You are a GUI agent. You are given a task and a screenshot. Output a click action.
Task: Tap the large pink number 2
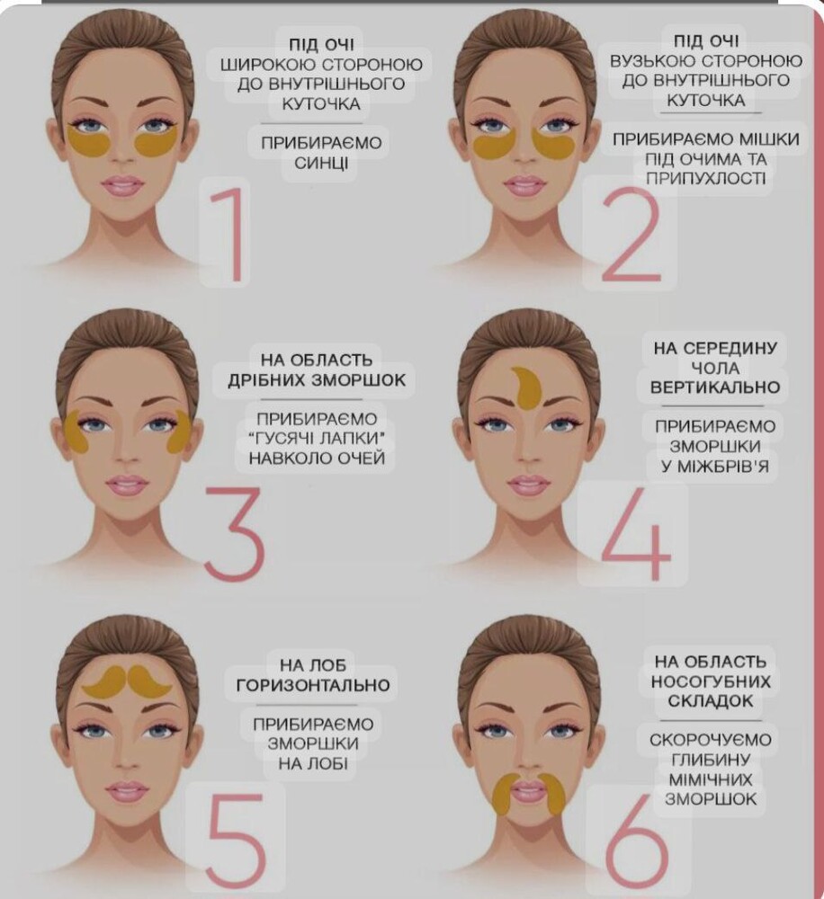click(630, 234)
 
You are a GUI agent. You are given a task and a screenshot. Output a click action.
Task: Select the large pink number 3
click(235, 534)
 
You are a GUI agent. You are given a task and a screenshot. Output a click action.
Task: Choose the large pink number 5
click(237, 841)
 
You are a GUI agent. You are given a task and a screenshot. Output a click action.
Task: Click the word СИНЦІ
click(321, 164)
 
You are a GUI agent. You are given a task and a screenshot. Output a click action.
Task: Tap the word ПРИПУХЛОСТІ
click(706, 178)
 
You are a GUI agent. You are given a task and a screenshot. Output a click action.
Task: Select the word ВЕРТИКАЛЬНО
click(715, 387)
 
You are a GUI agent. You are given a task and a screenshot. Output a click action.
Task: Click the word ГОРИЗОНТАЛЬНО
click(313, 685)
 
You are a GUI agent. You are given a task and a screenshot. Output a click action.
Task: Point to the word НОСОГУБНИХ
click(711, 681)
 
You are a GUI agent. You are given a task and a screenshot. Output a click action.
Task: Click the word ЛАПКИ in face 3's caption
click(354, 438)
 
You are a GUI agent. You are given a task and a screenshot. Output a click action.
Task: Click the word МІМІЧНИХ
click(711, 779)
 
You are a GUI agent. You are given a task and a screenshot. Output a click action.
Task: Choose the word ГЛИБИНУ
click(711, 760)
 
